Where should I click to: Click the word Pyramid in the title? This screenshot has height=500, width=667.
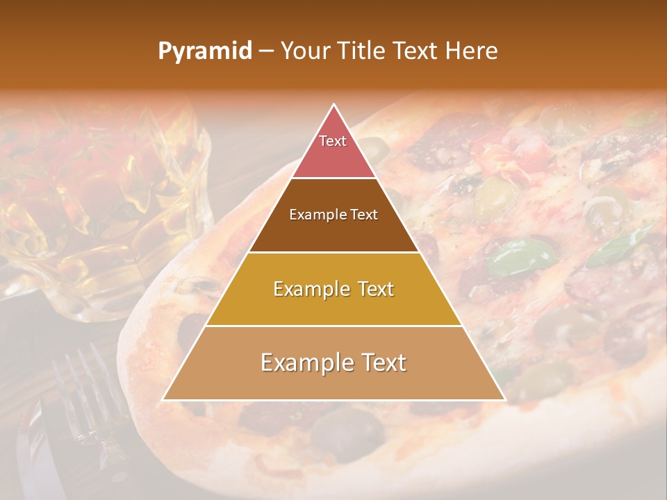tap(204, 51)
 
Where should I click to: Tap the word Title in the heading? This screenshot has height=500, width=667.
tap(363, 51)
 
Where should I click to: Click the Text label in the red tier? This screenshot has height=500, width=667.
tap(333, 141)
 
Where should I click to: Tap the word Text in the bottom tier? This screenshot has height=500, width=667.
tap(384, 362)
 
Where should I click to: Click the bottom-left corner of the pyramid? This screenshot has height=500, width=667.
tap(163, 400)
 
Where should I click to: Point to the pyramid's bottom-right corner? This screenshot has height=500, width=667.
tap(505, 400)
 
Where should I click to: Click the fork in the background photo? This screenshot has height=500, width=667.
tap(87, 396)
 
